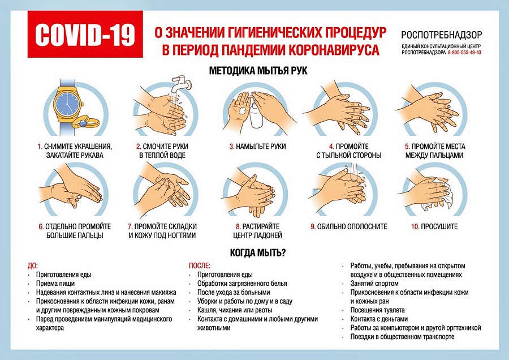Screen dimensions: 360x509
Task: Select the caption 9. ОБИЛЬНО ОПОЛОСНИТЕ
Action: tap(348, 226)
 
